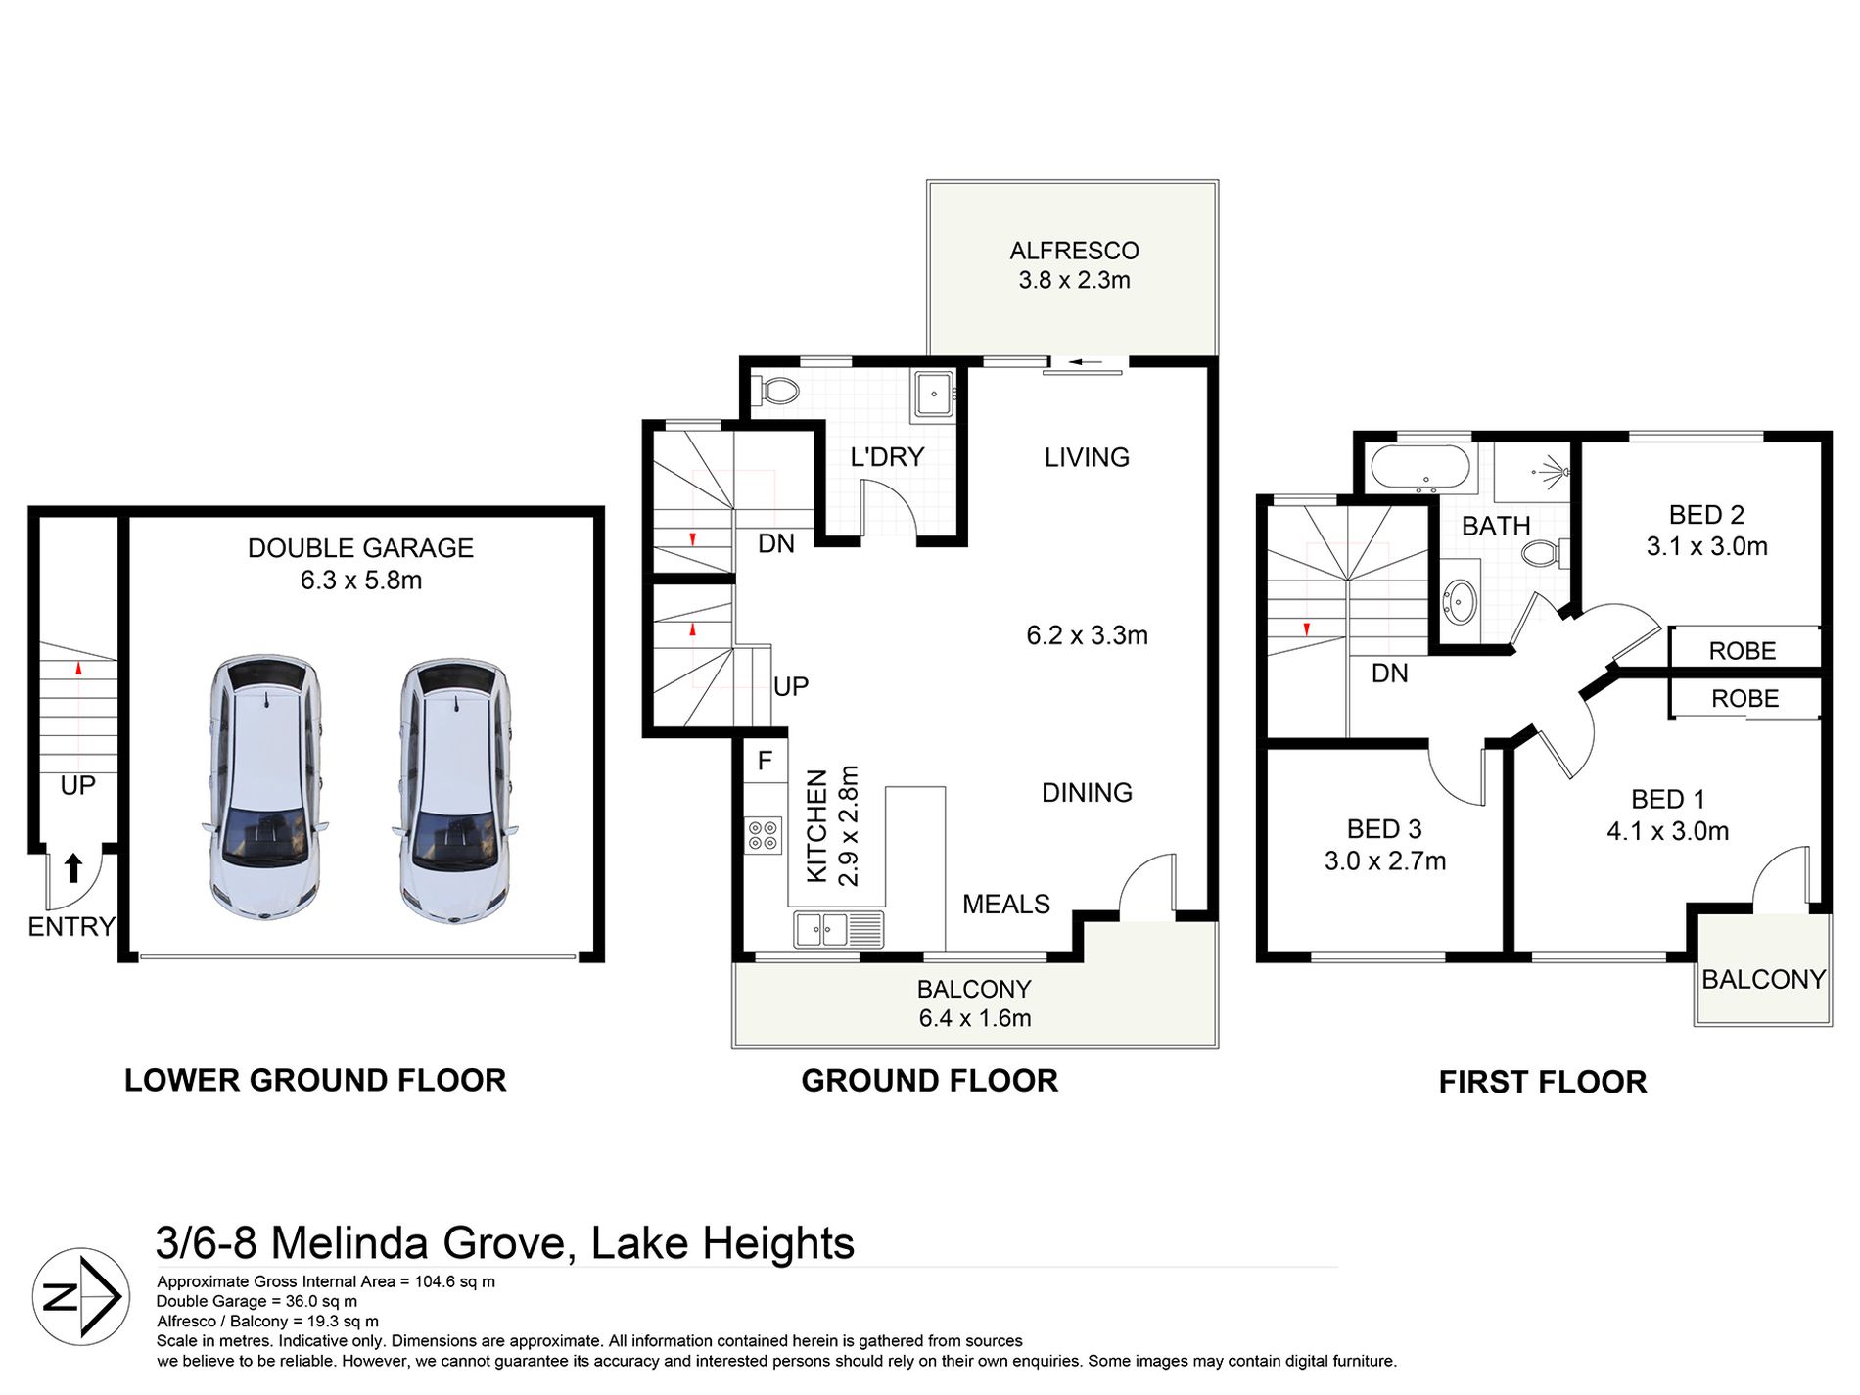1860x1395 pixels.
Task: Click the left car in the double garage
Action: click(x=264, y=787)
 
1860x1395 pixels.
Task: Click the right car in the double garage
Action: click(x=455, y=789)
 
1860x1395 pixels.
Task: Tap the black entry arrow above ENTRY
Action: click(x=73, y=867)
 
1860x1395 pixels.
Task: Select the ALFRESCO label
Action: click(x=1074, y=251)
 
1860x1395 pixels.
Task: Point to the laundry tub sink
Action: click(x=932, y=395)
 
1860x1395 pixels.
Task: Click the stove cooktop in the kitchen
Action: click(x=764, y=835)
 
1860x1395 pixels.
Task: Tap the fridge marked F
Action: click(x=766, y=761)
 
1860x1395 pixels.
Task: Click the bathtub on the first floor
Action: click(x=1420, y=468)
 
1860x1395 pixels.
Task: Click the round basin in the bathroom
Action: click(x=1461, y=600)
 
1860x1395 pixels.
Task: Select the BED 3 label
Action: click(x=1384, y=829)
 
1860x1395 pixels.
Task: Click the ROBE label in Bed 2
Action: click(x=1742, y=651)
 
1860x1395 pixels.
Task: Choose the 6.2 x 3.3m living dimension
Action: click(x=1087, y=635)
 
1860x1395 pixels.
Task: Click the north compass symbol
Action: click(x=81, y=1296)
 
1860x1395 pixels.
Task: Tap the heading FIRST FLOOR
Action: click(x=1543, y=1082)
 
